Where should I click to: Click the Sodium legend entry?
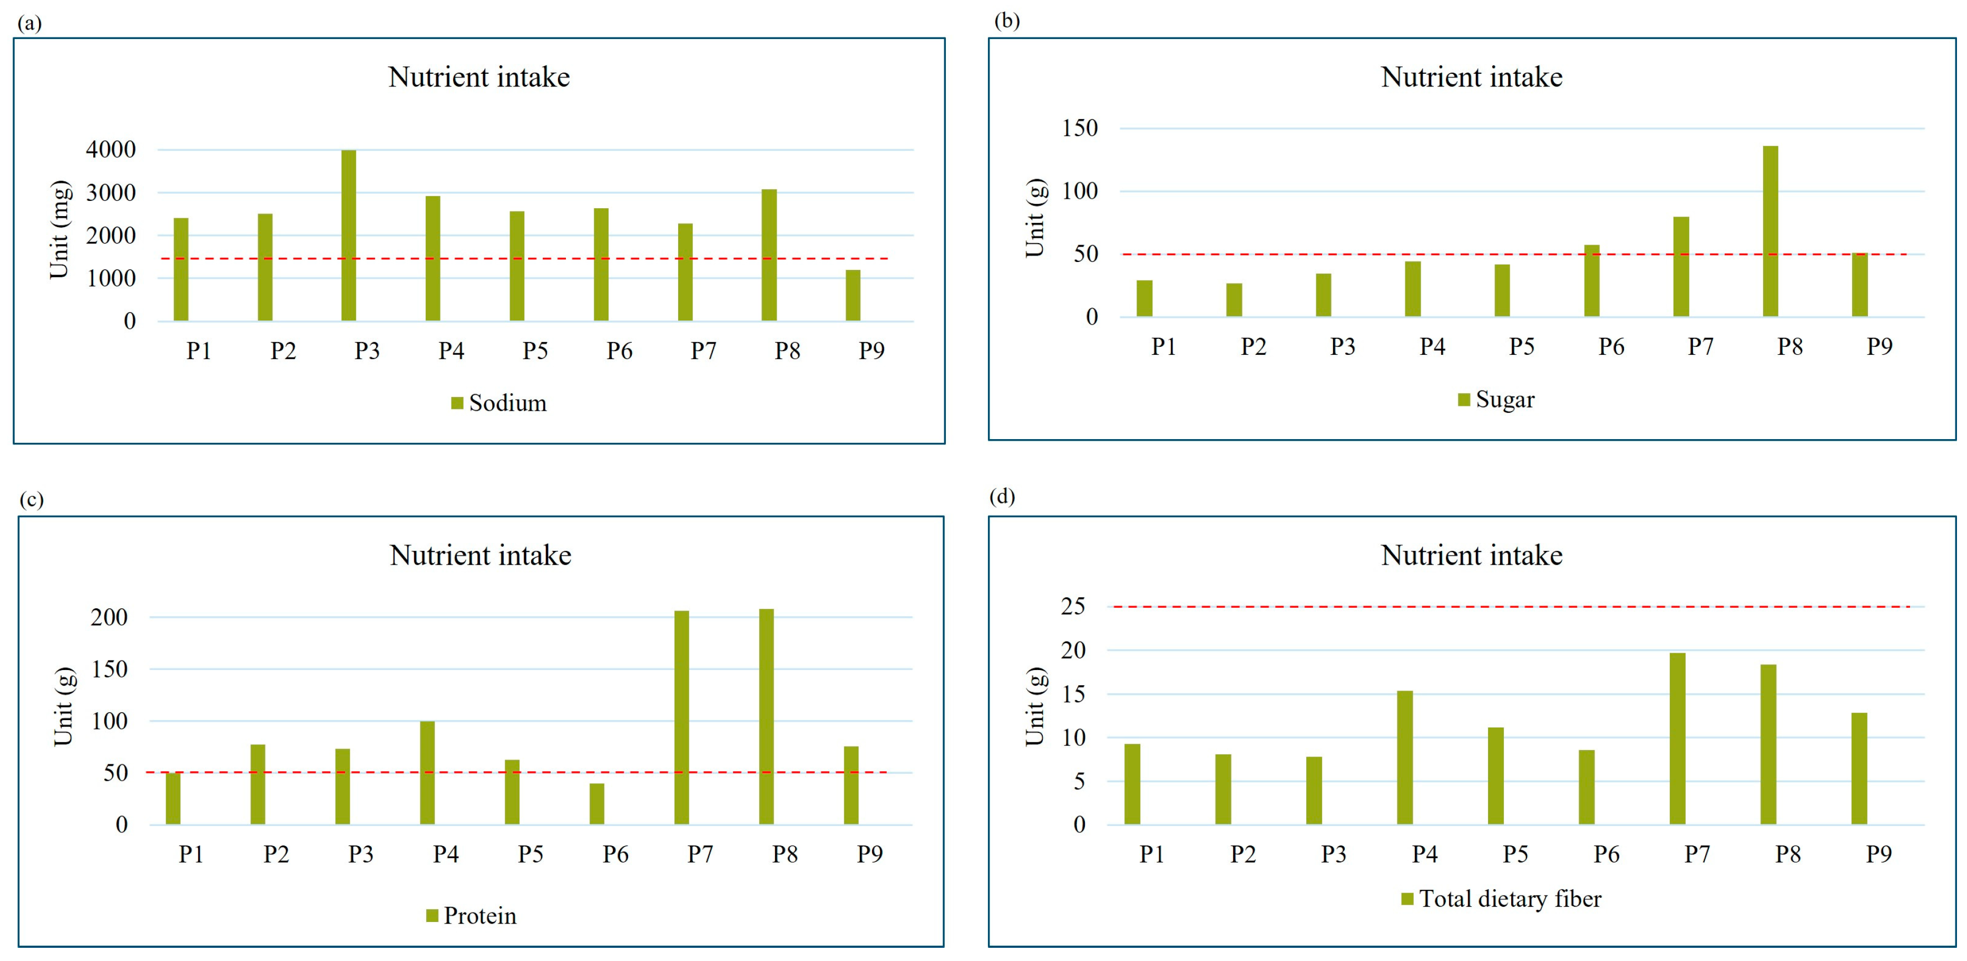click(500, 403)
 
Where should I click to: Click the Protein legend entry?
click(472, 916)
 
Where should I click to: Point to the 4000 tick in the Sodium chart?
click(111, 150)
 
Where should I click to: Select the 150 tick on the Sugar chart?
click(1080, 128)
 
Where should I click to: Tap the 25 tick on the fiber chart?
click(1073, 607)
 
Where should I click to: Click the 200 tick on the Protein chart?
click(109, 617)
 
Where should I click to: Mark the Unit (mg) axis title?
click(60, 230)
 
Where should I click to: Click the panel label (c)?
click(31, 500)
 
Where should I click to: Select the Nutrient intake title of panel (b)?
click(1472, 77)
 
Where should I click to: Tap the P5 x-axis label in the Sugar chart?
click(1521, 347)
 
